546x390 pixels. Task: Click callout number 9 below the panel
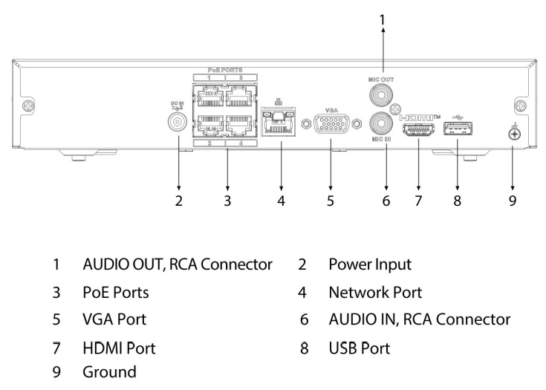(513, 201)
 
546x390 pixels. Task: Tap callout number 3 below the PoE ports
(227, 201)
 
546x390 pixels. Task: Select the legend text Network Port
(380, 293)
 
